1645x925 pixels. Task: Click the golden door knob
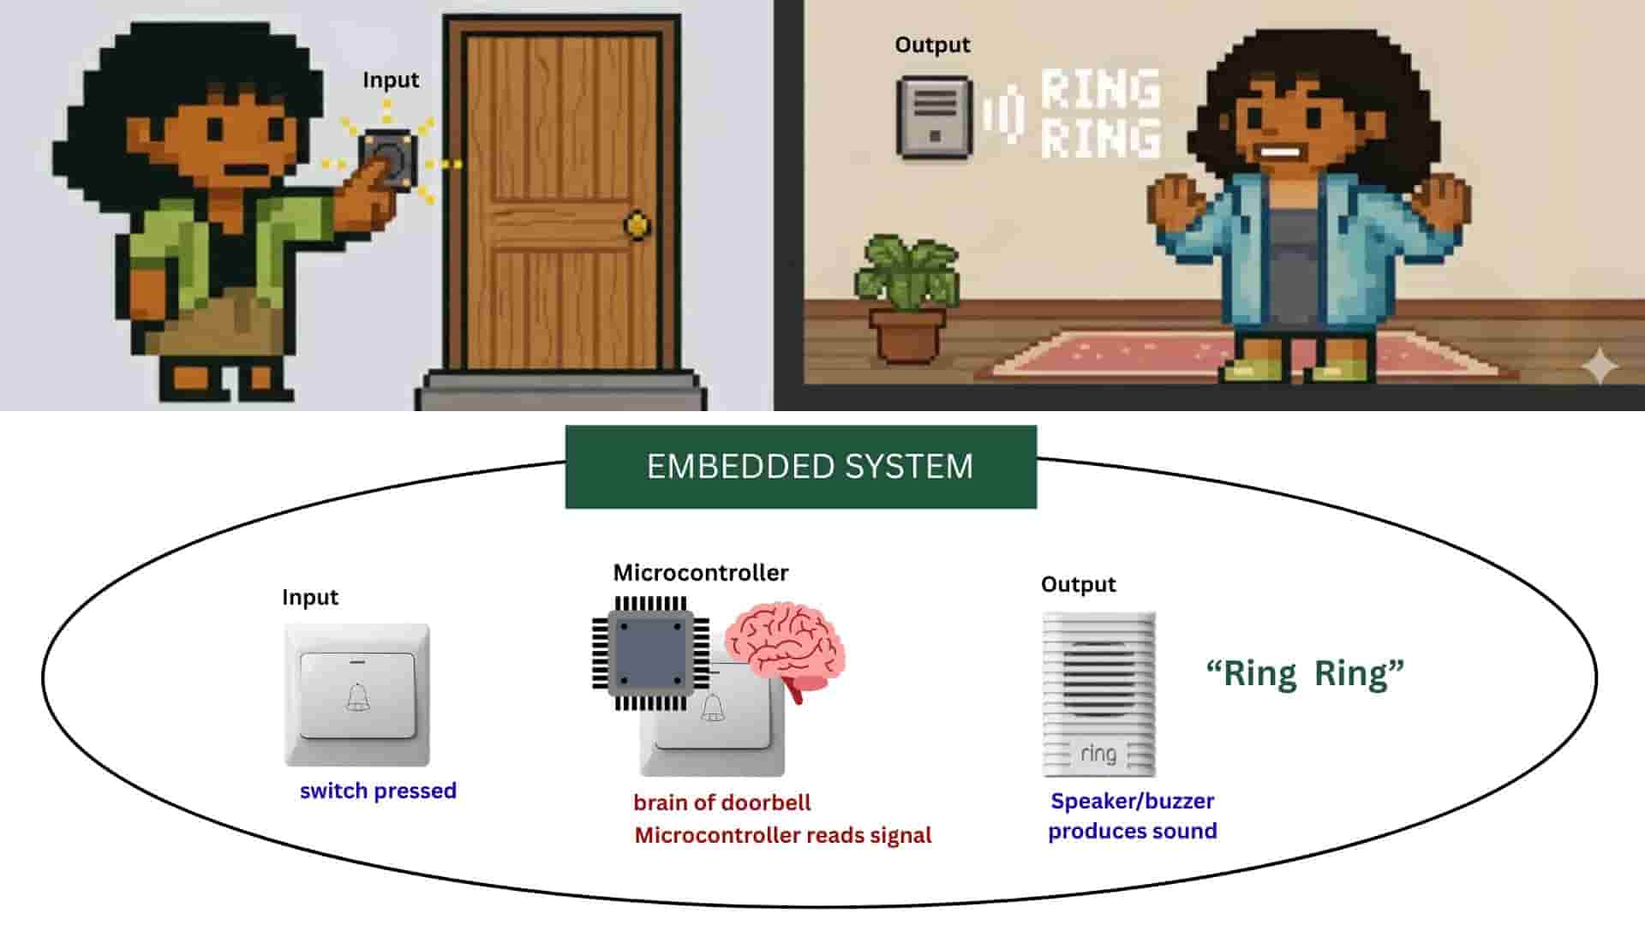[x=637, y=225]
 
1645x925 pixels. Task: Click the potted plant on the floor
[x=906, y=295]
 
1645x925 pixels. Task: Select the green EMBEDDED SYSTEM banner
[x=800, y=467]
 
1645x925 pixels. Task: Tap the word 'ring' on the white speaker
[x=1098, y=754]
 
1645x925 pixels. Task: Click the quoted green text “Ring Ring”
[x=1305, y=673]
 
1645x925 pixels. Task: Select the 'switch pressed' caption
[x=378, y=791]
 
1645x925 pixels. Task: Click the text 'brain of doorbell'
[x=721, y=803]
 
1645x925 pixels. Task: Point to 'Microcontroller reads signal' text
[x=782, y=835]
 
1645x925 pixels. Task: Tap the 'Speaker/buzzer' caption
[x=1132, y=801]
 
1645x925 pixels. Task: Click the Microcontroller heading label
[x=700, y=573]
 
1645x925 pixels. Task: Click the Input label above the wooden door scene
[x=391, y=80]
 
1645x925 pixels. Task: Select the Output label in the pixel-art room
[x=932, y=45]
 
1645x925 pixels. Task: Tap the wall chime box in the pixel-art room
[x=934, y=117]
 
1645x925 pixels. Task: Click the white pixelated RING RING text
[x=1100, y=114]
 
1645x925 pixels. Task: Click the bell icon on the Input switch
[x=358, y=697]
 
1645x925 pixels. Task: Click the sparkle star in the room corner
[x=1599, y=367]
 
